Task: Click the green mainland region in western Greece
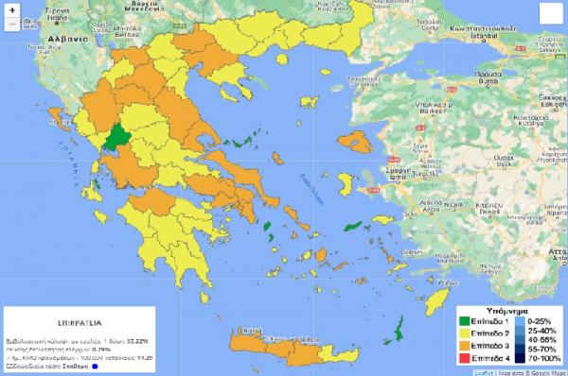click(118, 137)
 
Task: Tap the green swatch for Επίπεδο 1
click(466, 322)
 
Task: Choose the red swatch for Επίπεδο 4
click(466, 359)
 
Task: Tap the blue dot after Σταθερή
click(96, 367)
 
